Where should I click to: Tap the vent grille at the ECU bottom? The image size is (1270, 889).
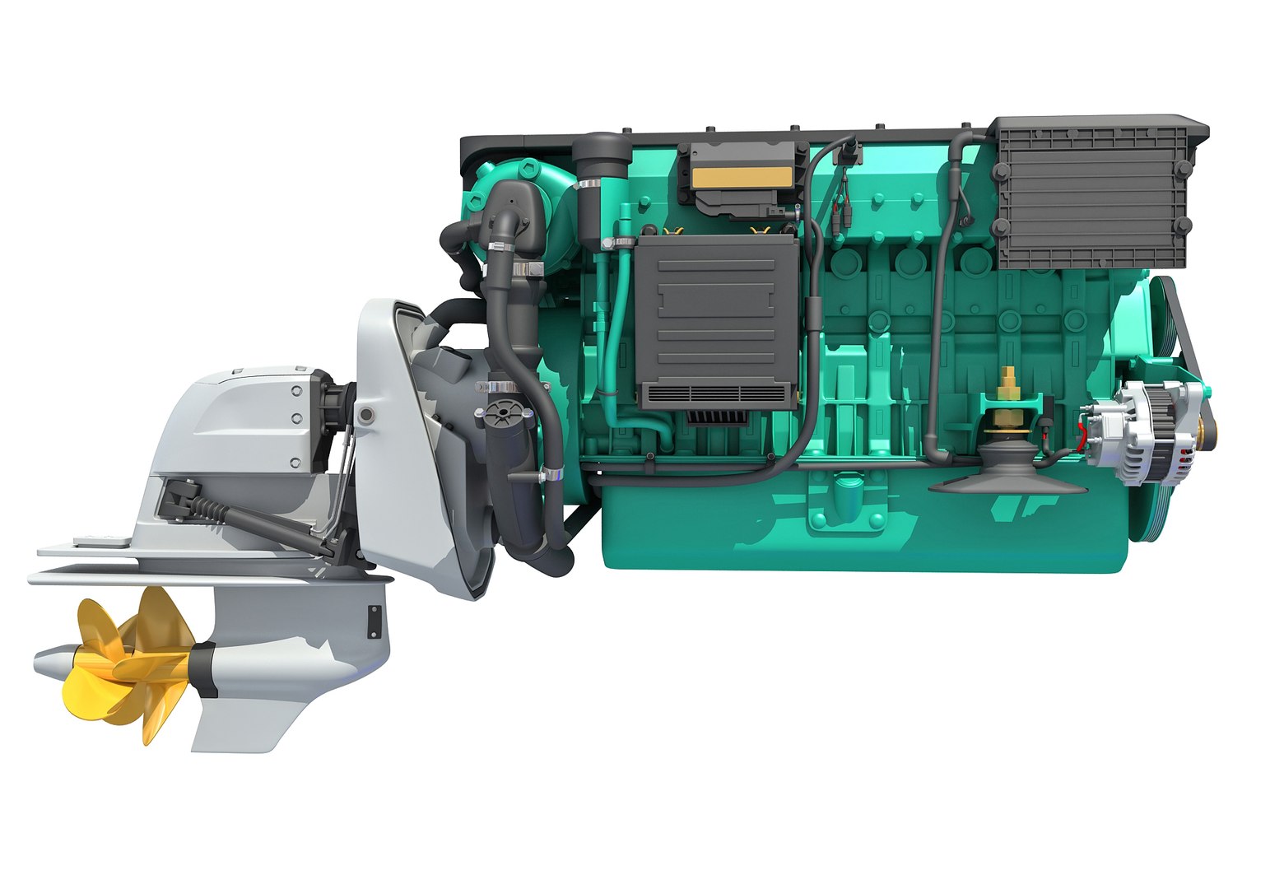click(x=716, y=395)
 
